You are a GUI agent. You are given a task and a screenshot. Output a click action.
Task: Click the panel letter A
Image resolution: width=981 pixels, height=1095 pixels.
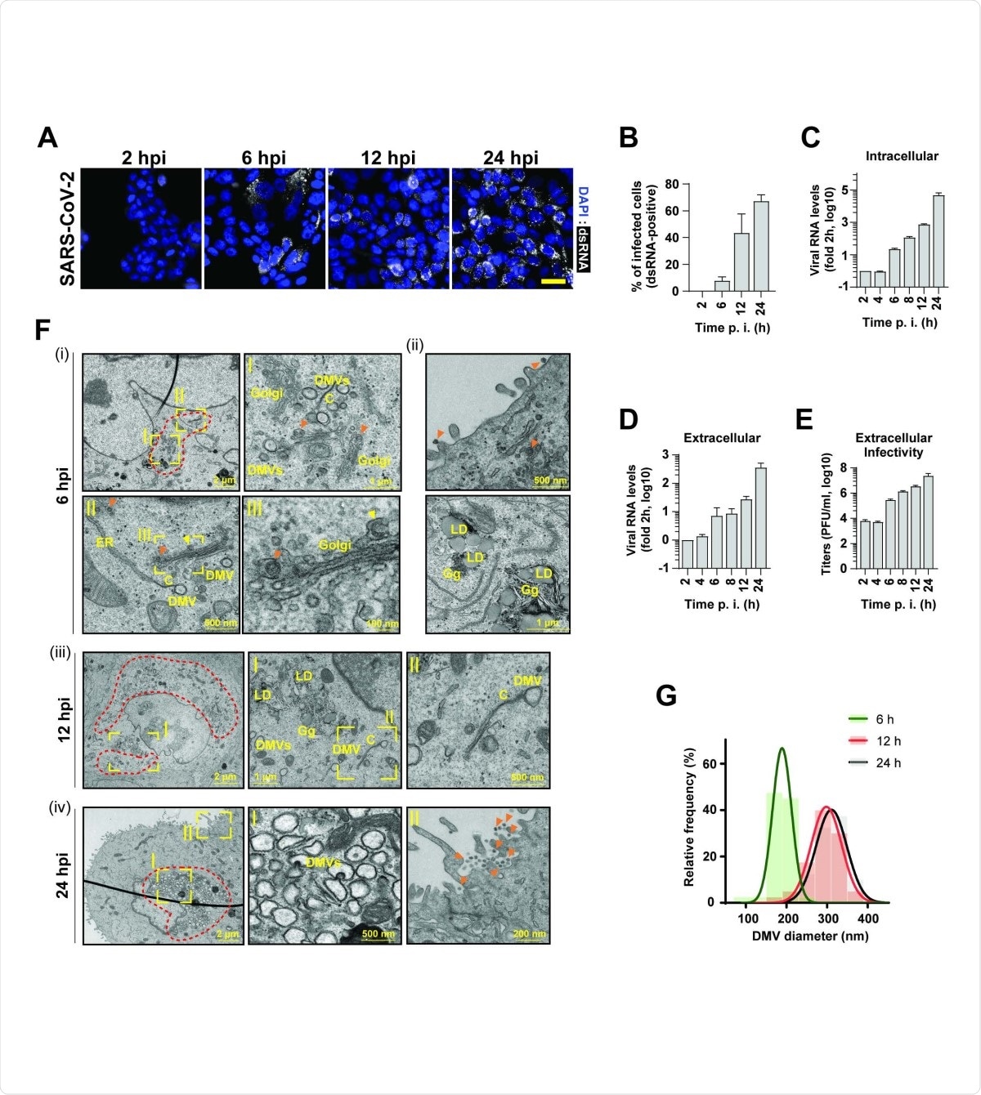pos(48,137)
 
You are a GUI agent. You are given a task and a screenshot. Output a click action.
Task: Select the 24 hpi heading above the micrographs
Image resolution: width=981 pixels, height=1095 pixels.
pos(510,158)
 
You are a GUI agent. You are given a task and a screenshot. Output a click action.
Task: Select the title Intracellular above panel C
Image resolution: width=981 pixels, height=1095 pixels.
pos(902,156)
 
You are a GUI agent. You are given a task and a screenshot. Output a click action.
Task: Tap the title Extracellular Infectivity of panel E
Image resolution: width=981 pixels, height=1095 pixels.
pos(894,445)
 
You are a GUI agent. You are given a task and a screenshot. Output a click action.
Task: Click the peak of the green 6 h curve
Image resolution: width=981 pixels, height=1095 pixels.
pos(782,748)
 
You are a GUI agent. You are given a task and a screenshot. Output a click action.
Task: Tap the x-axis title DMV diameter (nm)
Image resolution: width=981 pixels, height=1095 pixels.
pos(809,936)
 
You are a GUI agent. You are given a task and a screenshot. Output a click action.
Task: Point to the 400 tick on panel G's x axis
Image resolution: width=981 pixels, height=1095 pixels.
pos(868,918)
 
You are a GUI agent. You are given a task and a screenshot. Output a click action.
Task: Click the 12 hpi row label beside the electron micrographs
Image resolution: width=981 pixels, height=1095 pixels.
pos(64,719)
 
